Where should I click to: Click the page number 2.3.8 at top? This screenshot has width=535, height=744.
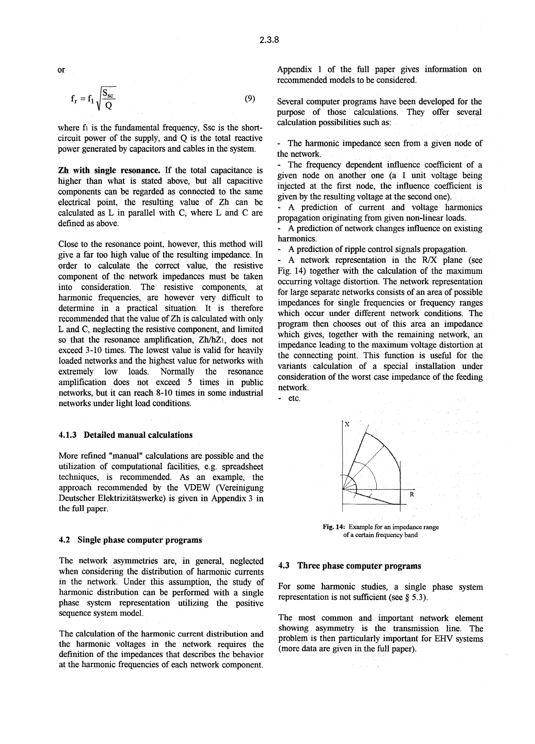pyautogui.click(x=269, y=40)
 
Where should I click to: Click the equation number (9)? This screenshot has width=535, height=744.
pyautogui.click(x=250, y=99)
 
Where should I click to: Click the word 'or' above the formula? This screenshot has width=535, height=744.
pyautogui.click(x=61, y=70)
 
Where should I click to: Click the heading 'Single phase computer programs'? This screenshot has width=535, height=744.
pyautogui.click(x=139, y=540)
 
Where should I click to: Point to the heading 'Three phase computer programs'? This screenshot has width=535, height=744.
pyautogui.click(x=359, y=566)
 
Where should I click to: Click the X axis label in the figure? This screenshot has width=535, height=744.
pyautogui.click(x=347, y=424)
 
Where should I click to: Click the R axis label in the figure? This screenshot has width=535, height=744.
pyautogui.click(x=412, y=494)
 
